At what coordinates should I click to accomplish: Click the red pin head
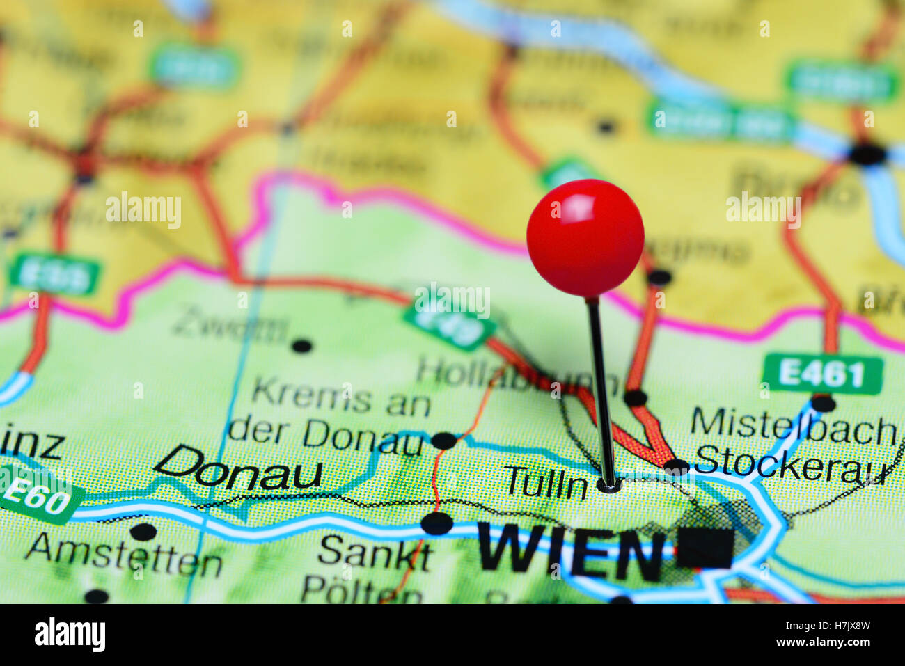(585, 237)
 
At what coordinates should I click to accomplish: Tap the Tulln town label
(546, 482)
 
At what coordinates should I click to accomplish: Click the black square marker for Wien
(705, 548)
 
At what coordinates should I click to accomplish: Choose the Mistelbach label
(794, 425)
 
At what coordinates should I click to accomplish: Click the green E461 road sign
(822, 374)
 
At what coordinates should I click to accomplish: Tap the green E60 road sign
(38, 496)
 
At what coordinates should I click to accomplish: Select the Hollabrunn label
(515, 376)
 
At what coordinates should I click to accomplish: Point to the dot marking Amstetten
(143, 532)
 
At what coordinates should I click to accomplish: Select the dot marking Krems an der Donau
(443, 441)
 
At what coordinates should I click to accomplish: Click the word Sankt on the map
(375, 553)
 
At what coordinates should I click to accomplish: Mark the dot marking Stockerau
(675, 467)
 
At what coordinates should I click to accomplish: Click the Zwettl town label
(230, 327)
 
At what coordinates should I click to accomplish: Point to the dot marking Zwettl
(301, 346)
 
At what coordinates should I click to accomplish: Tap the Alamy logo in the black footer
(70, 635)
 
